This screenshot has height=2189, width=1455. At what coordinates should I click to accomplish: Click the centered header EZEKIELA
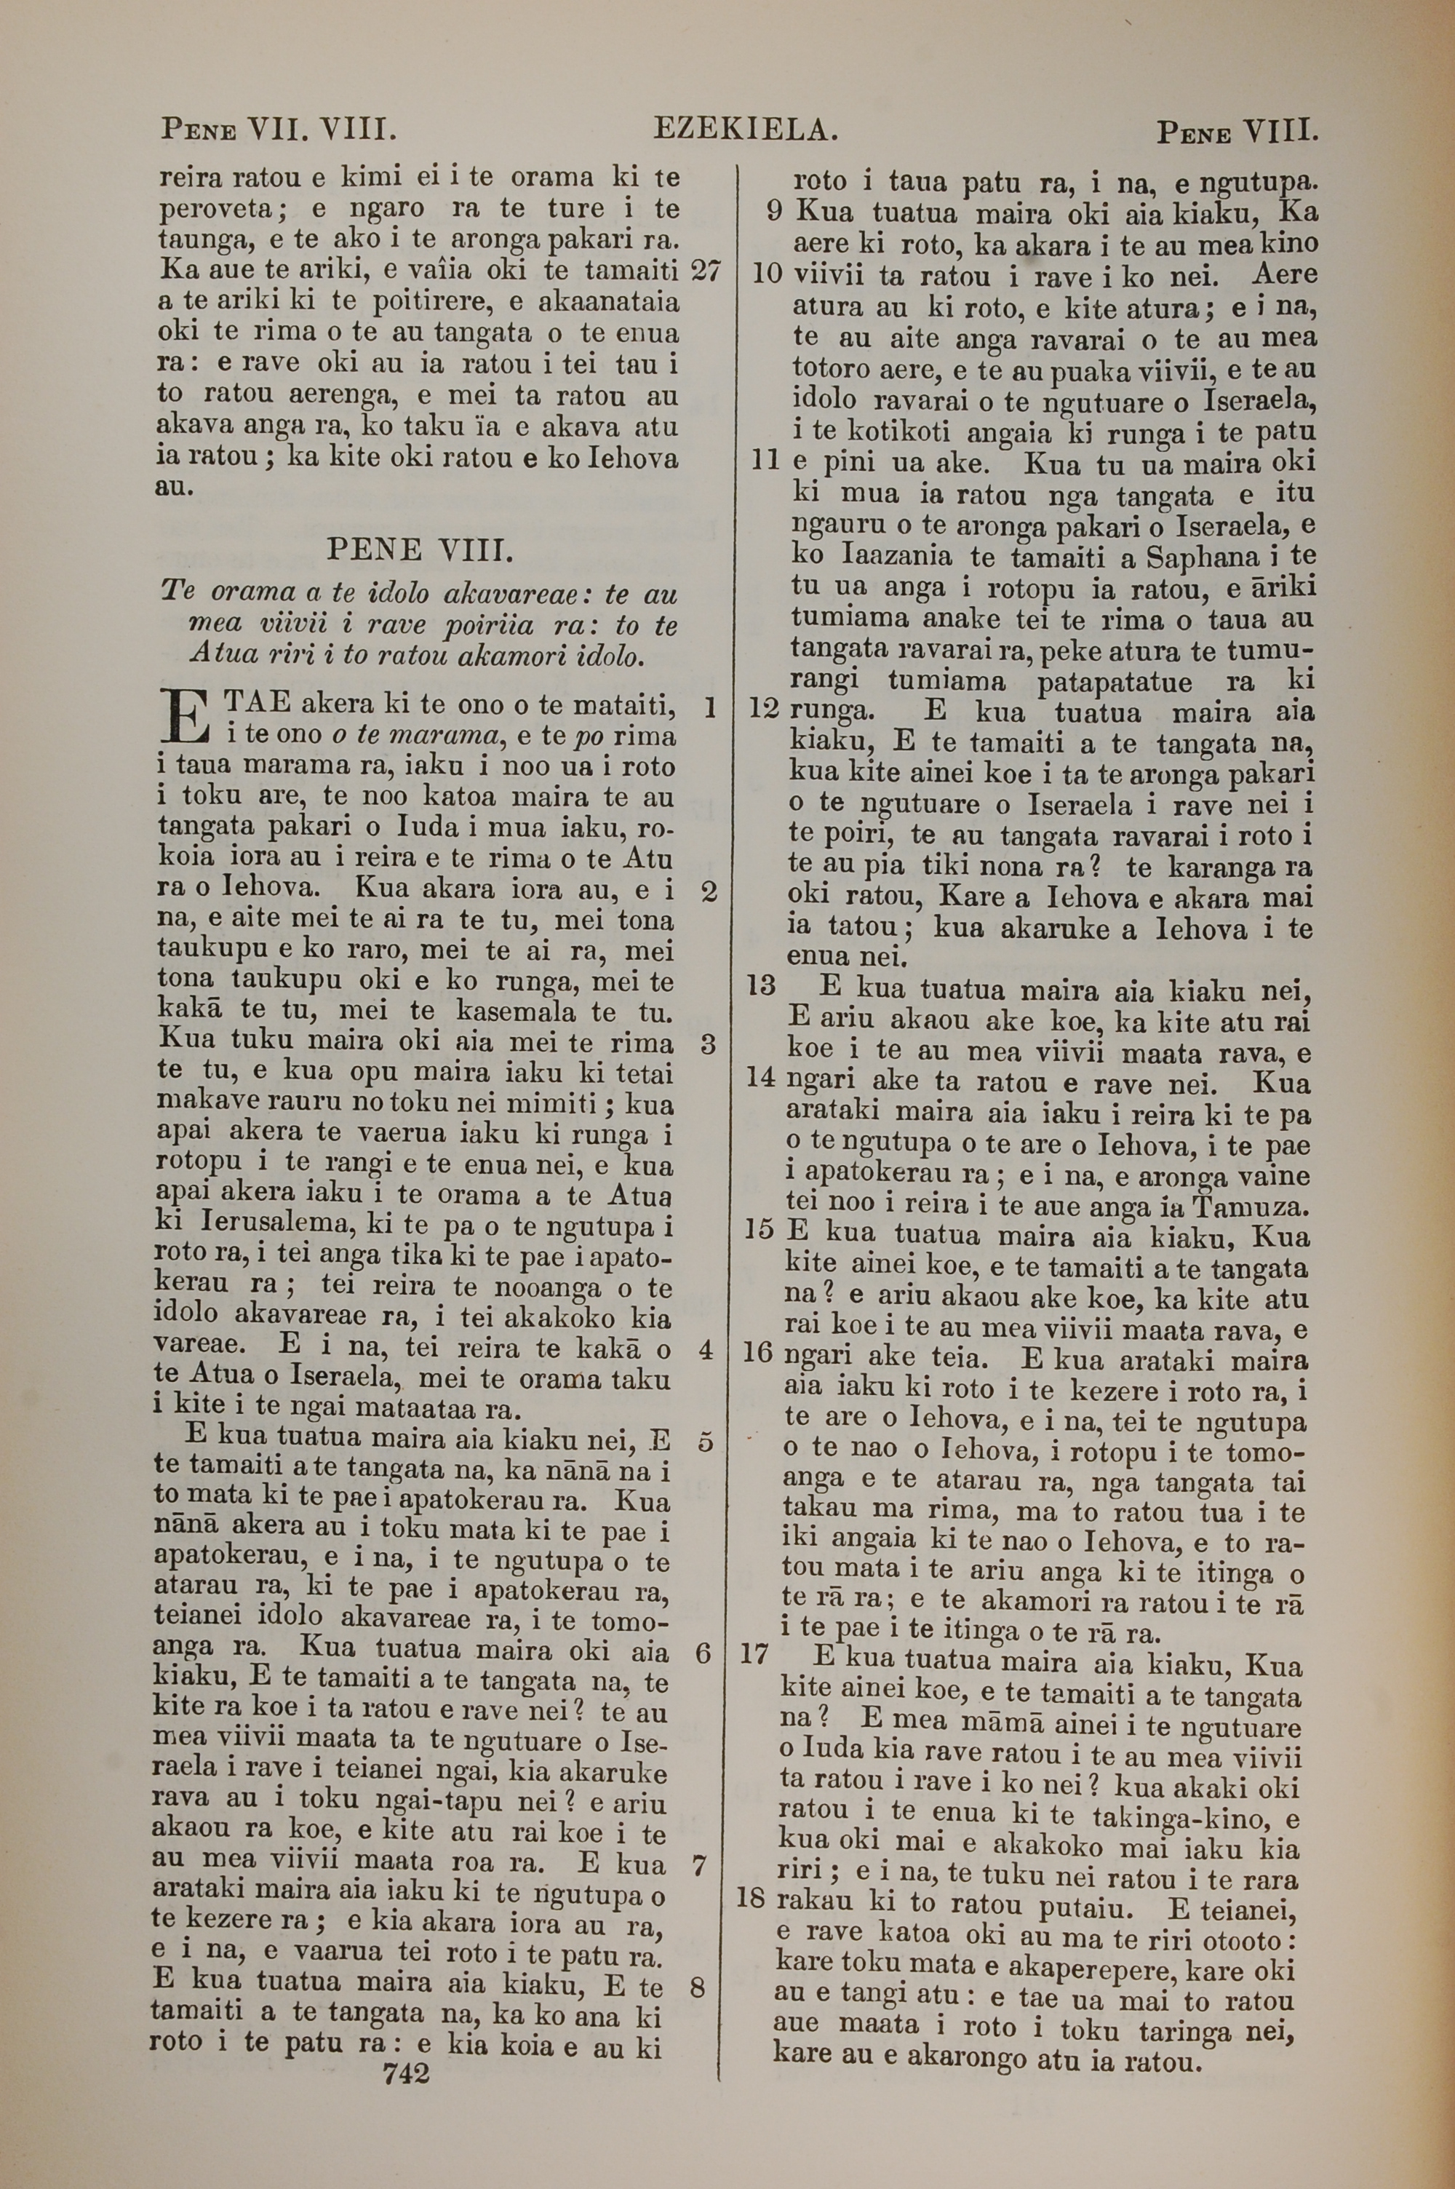(x=745, y=129)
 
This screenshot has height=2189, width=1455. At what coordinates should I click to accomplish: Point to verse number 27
(x=706, y=270)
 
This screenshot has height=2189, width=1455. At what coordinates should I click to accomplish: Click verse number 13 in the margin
(x=761, y=985)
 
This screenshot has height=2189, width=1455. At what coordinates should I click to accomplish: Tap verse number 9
(x=775, y=212)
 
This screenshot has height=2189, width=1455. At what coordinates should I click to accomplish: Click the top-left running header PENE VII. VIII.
(x=279, y=129)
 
